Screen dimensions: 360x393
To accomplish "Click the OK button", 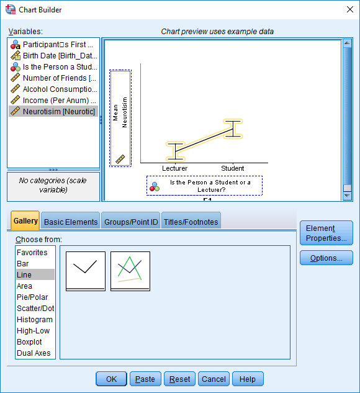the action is click(x=111, y=379).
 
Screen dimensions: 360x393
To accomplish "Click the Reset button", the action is click(x=179, y=379).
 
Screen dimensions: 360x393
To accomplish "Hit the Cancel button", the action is click(x=214, y=379).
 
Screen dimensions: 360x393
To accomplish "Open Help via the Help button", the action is click(x=248, y=379).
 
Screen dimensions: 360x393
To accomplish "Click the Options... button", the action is click(x=326, y=258).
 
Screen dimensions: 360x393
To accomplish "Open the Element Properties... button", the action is click(x=326, y=233).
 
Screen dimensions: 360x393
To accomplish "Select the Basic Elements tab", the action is click(x=71, y=222).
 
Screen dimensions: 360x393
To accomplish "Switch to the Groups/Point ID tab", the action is click(x=131, y=222).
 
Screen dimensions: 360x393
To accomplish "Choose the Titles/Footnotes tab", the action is click(x=191, y=222).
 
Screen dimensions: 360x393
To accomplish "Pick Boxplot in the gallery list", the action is click(x=29, y=342).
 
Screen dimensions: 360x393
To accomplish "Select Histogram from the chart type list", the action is click(x=35, y=320).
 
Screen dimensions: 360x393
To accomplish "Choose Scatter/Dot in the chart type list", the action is click(x=35, y=309).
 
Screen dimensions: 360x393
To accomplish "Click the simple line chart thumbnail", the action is click(x=86, y=271).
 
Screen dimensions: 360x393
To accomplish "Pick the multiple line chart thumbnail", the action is click(x=130, y=271).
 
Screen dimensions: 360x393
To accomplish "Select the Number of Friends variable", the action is click(x=53, y=78).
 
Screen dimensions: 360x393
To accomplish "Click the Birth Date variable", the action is click(x=53, y=56).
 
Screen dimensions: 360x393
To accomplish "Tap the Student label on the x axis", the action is click(x=233, y=168).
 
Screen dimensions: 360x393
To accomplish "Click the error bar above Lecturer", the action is click(x=176, y=151).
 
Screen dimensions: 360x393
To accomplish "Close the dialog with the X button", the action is click(x=349, y=9).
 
